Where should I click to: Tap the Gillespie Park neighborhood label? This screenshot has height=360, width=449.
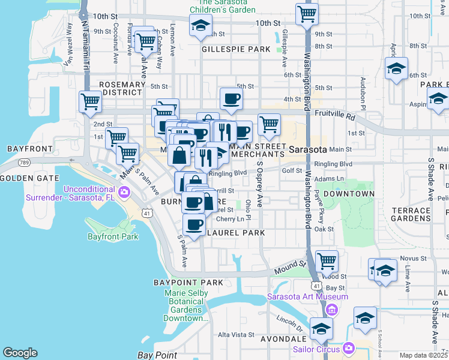236,49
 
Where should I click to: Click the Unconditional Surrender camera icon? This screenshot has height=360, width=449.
124,192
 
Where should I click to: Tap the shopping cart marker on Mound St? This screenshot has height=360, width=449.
327,260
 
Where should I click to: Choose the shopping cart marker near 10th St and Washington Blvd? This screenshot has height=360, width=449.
307,13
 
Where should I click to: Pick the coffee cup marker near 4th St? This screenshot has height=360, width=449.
231,98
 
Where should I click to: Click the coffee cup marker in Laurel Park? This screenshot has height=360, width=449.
193,224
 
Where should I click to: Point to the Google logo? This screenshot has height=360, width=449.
20,353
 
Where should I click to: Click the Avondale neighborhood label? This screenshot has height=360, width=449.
283,339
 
